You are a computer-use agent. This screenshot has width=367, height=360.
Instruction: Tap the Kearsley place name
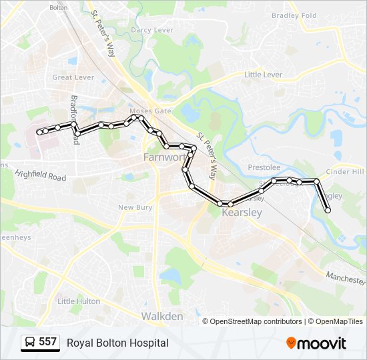point(241,213)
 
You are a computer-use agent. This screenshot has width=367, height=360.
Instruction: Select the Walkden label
point(161,317)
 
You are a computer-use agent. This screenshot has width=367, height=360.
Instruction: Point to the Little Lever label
point(263,75)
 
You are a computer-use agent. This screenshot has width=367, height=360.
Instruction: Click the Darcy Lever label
point(151,30)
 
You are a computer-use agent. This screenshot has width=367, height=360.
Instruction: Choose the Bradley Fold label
point(294,15)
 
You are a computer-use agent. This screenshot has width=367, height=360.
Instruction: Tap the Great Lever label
point(73,77)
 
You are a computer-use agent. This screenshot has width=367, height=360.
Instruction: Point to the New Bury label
point(135,208)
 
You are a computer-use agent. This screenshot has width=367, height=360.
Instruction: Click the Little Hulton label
point(79,301)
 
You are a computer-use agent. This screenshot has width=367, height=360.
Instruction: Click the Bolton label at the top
point(59,7)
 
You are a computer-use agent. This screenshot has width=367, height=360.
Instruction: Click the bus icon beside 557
point(30,343)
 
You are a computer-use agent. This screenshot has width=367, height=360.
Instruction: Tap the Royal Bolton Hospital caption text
point(117,343)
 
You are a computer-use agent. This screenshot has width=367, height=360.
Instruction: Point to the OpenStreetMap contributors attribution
point(256,321)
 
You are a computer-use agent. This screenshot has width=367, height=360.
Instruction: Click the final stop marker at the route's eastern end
point(328,211)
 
